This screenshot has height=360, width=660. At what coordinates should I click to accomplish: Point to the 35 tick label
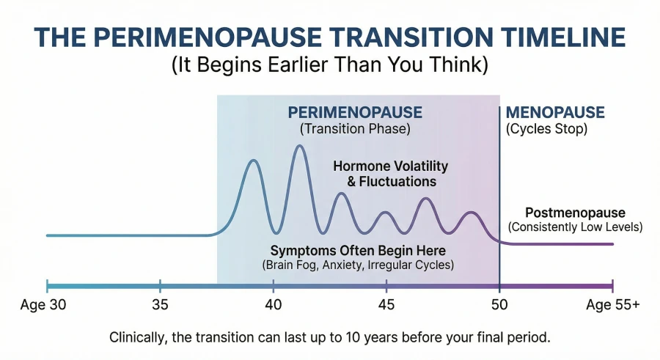[x=160, y=304]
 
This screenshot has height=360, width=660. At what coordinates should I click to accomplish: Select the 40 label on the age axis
[x=273, y=304]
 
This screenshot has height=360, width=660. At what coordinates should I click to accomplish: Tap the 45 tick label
[x=386, y=304]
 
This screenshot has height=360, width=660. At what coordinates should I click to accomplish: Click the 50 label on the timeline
[x=499, y=304]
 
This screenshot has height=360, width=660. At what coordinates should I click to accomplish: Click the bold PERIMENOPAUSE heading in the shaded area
[x=355, y=113]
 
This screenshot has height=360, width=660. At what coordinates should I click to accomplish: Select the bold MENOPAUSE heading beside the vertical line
[x=555, y=113]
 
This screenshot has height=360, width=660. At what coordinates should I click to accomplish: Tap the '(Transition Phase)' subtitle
[x=355, y=129]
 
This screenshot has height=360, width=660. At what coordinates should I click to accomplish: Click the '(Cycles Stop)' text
[x=546, y=129]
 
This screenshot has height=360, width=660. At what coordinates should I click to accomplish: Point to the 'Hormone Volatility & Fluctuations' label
[x=390, y=174]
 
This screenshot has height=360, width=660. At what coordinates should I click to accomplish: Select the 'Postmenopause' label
[x=576, y=213]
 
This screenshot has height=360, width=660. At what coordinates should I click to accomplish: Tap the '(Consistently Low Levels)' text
[x=576, y=227]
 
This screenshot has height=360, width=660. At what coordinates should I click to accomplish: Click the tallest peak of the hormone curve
[x=299, y=146]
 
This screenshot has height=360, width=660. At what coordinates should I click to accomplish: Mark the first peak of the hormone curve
[x=253, y=160]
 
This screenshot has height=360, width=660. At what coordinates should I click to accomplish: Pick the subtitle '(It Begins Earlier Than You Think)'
[x=330, y=65]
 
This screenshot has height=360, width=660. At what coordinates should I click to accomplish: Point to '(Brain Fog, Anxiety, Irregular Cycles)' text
[x=358, y=264]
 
